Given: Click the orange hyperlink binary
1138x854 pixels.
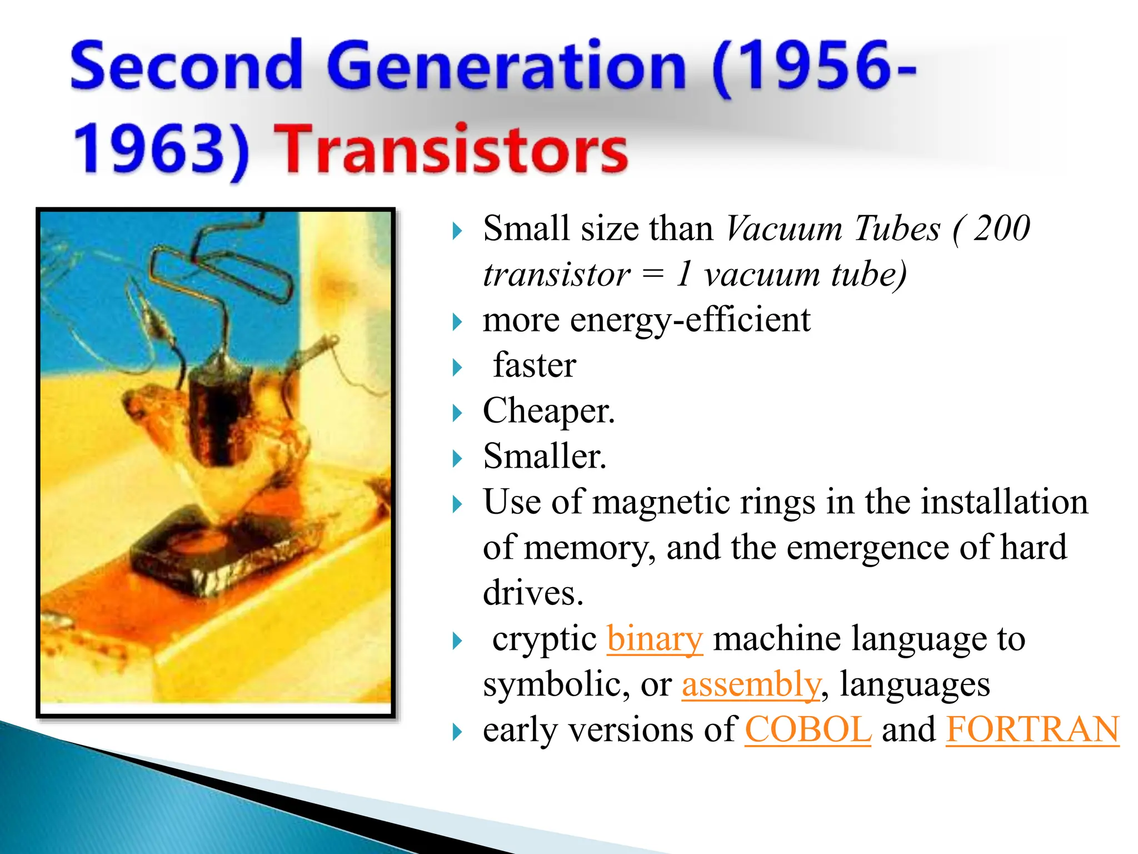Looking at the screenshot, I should [655, 639].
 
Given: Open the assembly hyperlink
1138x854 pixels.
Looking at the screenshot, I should [750, 684].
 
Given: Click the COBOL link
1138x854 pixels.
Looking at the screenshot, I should [807, 729].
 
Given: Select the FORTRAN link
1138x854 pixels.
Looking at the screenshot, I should [1032, 729].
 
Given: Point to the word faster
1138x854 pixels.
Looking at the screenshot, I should [535, 366].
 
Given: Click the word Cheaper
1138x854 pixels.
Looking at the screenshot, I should [548, 411].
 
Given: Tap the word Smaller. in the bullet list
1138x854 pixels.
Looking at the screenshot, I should [545, 457].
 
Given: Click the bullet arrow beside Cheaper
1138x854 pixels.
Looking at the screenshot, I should [457, 413].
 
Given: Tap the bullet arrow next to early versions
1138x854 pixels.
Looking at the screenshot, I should [457, 732].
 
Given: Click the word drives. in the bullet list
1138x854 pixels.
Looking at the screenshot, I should [533, 593].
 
